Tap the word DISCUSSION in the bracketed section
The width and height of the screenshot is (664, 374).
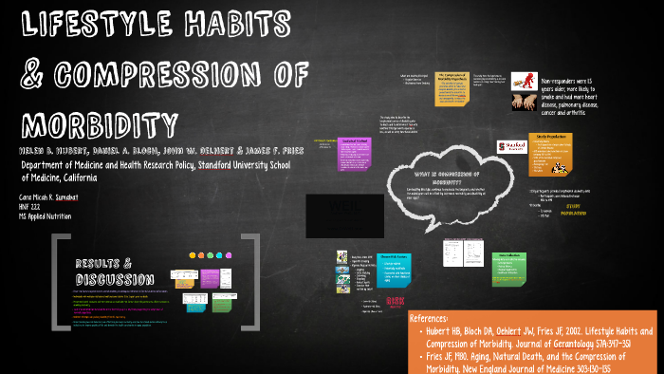(115, 279)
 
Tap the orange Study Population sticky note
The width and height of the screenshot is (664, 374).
(553, 152)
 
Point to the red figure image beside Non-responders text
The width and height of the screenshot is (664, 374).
(524, 86)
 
